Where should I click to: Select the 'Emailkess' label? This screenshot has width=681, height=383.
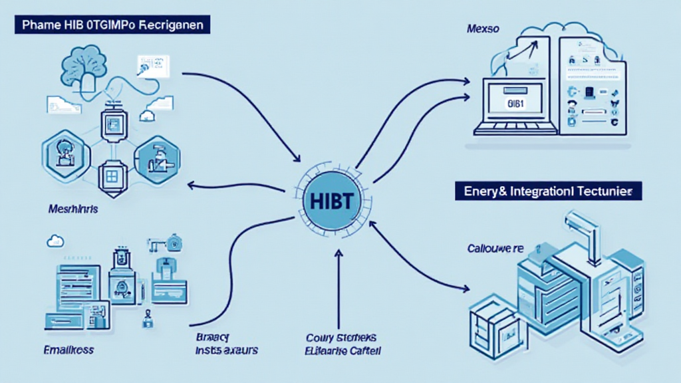point(68,348)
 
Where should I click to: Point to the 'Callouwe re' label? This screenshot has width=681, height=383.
point(495,248)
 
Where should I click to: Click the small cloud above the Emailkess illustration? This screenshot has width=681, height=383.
point(55,241)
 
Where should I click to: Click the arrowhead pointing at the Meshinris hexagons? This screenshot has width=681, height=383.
point(194,186)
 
